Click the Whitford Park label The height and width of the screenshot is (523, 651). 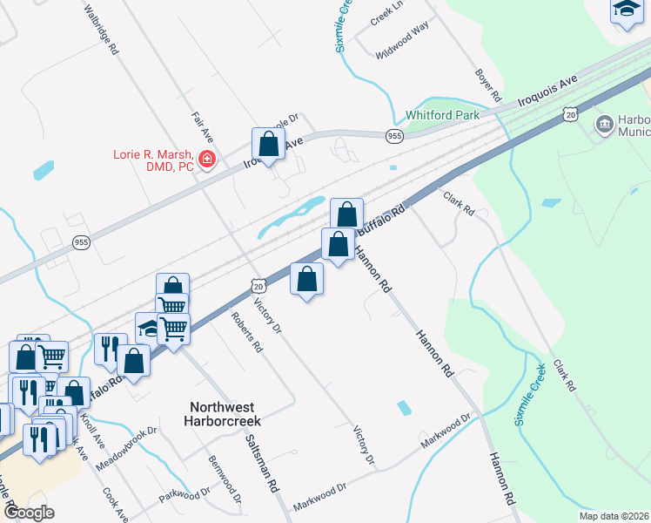[442, 115]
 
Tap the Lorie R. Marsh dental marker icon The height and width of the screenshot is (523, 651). [207, 160]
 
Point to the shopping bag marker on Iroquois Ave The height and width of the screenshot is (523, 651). [268, 144]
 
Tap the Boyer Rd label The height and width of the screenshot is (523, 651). [489, 85]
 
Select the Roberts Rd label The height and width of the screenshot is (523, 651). [247, 332]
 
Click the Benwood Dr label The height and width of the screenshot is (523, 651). [225, 477]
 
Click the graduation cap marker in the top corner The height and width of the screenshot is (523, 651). [627, 10]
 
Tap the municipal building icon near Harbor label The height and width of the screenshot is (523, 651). [603, 126]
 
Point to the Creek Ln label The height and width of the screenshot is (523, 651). [387, 12]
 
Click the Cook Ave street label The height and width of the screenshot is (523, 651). [115, 504]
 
